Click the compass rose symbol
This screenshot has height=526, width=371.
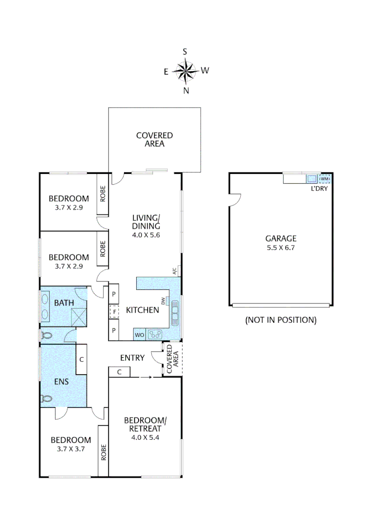pos(185,71)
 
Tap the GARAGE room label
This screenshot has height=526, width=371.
pos(281,238)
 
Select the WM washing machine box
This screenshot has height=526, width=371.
pos(324,178)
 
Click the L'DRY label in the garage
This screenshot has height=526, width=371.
pos(319,188)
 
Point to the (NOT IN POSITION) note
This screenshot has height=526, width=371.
pos(281,320)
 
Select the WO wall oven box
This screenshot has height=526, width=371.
pos(139,335)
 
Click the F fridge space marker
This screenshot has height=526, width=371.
pos(113,310)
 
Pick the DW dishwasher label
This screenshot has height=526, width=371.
pos(164,301)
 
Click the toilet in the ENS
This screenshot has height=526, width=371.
pos(47,398)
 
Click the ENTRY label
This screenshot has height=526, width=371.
pos(132,358)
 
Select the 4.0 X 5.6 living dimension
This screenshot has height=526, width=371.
pos(146,234)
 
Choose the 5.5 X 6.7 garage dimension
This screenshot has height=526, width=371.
pos(281,248)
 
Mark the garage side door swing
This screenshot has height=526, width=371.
pos(235,199)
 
